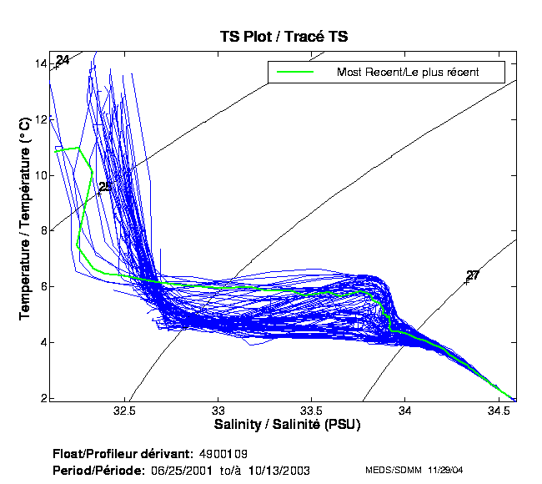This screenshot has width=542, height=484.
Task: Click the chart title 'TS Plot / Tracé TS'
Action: click(x=284, y=37)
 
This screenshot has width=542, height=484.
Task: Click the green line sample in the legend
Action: click(x=294, y=72)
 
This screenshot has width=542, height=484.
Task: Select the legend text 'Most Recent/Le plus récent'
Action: click(x=408, y=72)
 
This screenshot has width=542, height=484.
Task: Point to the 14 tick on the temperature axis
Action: click(x=40, y=63)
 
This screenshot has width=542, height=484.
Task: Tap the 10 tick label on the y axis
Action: click(x=40, y=175)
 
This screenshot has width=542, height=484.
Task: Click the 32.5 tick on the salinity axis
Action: click(x=125, y=411)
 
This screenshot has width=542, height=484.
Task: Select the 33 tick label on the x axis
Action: click(x=218, y=411)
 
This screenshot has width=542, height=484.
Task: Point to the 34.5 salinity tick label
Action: click(x=499, y=411)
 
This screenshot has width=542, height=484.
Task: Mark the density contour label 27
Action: click(x=473, y=275)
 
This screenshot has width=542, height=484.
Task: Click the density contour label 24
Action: click(x=63, y=60)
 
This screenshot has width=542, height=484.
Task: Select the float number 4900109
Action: click(x=223, y=455)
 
